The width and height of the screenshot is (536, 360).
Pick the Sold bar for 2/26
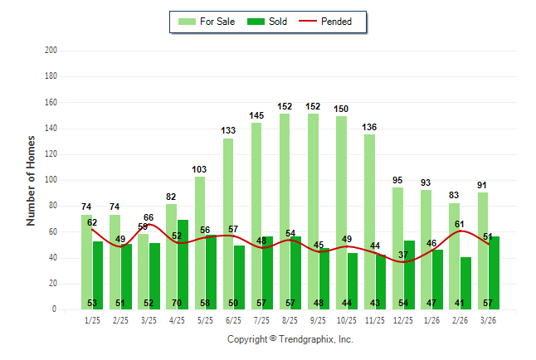tap(465, 283)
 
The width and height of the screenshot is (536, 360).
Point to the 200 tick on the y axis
tap(51, 51)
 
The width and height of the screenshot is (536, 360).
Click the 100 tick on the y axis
tap(51, 180)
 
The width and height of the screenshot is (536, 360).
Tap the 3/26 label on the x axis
tap(489, 320)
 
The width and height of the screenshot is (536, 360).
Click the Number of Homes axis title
tap(31, 180)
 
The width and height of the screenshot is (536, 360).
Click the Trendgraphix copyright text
tap(290, 339)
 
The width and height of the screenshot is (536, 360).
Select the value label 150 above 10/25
tap(341, 109)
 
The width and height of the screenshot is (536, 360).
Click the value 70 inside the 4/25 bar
tap(183, 303)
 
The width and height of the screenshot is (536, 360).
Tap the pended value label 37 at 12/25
tap(404, 255)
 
